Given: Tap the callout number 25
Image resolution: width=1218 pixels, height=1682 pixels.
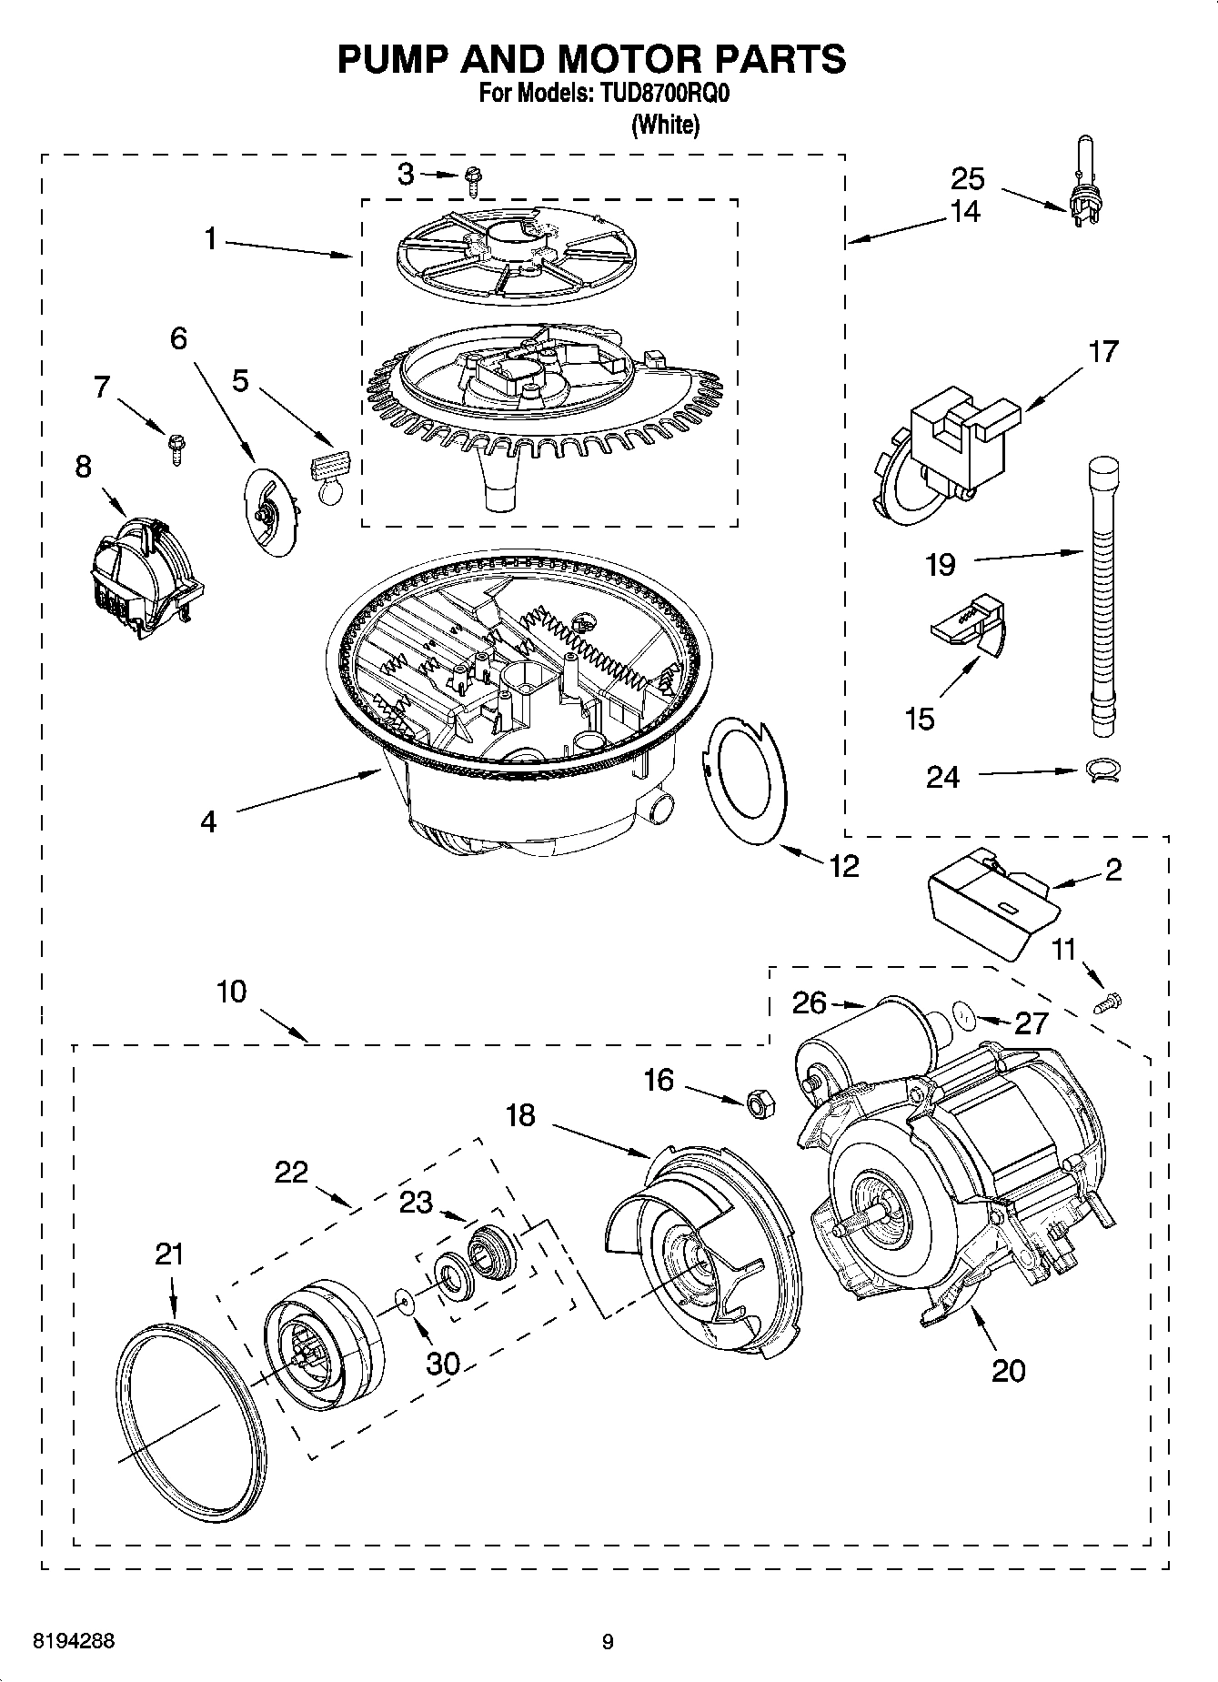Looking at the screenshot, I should tap(968, 177).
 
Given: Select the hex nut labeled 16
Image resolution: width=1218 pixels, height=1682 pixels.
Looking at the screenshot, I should tap(759, 1103).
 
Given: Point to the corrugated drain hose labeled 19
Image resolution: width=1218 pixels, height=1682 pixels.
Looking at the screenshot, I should tap(1102, 591).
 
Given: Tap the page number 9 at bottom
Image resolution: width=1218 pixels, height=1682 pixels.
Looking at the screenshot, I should tap(608, 1642).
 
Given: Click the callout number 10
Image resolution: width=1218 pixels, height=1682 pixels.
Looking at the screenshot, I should tap(232, 991).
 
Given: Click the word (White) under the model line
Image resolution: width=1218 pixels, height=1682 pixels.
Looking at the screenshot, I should tap(665, 125).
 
